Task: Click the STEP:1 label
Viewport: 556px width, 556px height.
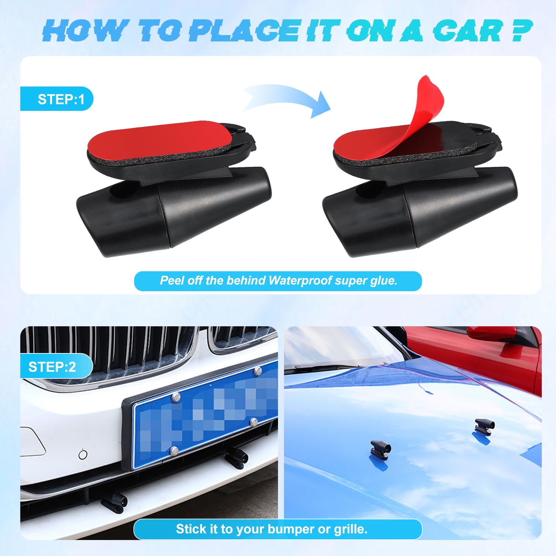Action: [61, 99]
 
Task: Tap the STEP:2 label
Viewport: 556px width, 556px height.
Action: [52, 367]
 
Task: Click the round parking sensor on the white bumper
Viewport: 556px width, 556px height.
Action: [83, 454]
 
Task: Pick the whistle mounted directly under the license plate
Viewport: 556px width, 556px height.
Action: [236, 457]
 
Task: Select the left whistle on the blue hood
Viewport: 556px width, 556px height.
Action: [381, 448]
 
